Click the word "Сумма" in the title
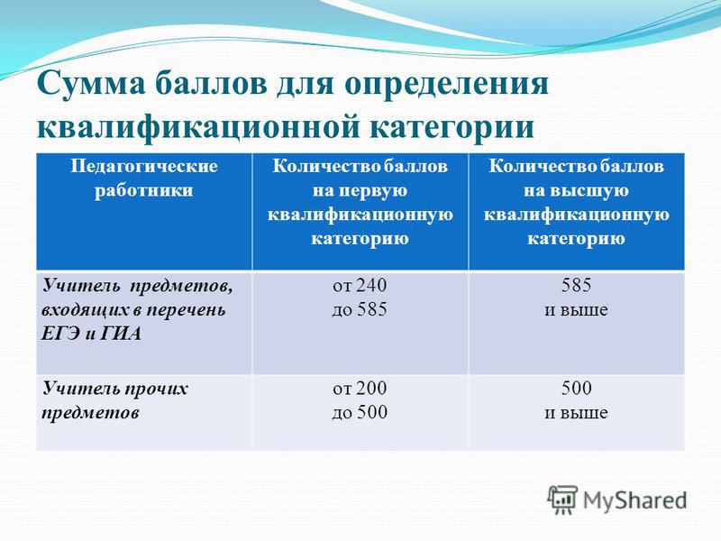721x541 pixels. coord(90,83)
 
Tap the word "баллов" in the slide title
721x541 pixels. coord(211,83)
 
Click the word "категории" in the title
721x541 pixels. coord(452,126)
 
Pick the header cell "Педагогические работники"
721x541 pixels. coord(144,178)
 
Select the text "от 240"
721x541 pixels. coord(360,285)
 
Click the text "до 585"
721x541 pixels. coord(360,309)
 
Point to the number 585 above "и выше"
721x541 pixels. coord(576,285)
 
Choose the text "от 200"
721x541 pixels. coord(360,389)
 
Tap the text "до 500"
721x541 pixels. coord(360,412)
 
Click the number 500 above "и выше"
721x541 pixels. coord(576,389)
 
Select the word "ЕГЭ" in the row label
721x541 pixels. coord(59,334)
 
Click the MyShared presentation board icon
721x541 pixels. coord(562,500)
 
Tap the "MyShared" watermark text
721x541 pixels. coord(634,500)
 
